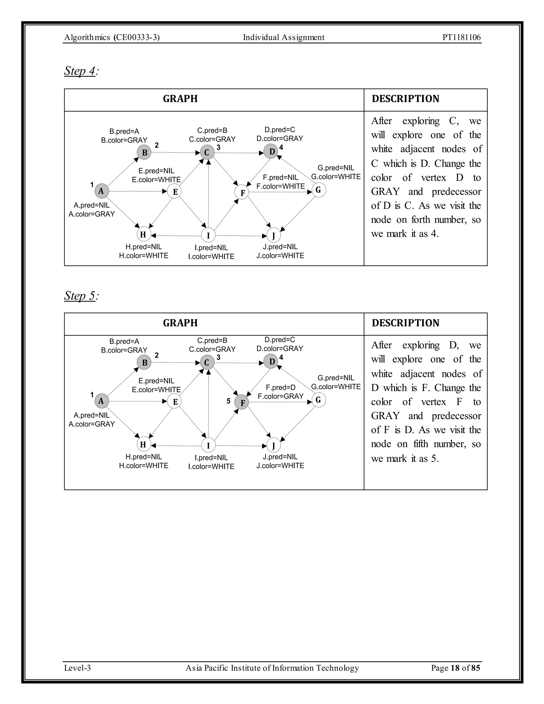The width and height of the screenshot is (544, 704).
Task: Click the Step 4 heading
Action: click(x=80, y=71)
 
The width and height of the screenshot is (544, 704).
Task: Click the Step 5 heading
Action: click(x=80, y=296)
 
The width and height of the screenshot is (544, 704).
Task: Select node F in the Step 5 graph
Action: click(x=242, y=402)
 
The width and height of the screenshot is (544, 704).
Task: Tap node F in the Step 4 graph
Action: click(x=242, y=193)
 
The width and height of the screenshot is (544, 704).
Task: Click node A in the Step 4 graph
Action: click(x=101, y=191)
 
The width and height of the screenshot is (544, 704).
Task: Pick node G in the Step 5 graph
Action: click(x=319, y=400)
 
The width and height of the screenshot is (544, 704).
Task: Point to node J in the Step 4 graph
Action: click(x=274, y=236)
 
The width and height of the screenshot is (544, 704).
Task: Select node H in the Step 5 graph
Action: click(x=143, y=445)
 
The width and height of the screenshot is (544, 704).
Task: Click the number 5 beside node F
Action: click(x=228, y=401)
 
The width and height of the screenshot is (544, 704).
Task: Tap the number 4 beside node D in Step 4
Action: click(x=281, y=148)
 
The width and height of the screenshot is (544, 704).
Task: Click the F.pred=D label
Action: click(x=280, y=387)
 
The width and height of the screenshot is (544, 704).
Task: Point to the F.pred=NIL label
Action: click(x=280, y=178)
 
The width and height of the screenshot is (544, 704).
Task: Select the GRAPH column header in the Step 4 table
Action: click(x=180, y=99)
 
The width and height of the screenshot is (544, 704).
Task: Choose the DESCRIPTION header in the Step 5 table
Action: click(x=405, y=323)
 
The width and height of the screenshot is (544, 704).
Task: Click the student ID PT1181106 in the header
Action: click(x=461, y=37)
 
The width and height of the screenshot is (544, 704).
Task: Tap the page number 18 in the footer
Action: click(x=455, y=668)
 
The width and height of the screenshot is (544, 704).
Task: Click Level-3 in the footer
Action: click(x=77, y=668)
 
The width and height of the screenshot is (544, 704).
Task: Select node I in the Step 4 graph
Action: click(x=208, y=235)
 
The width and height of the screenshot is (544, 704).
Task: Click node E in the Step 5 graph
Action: click(x=175, y=402)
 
